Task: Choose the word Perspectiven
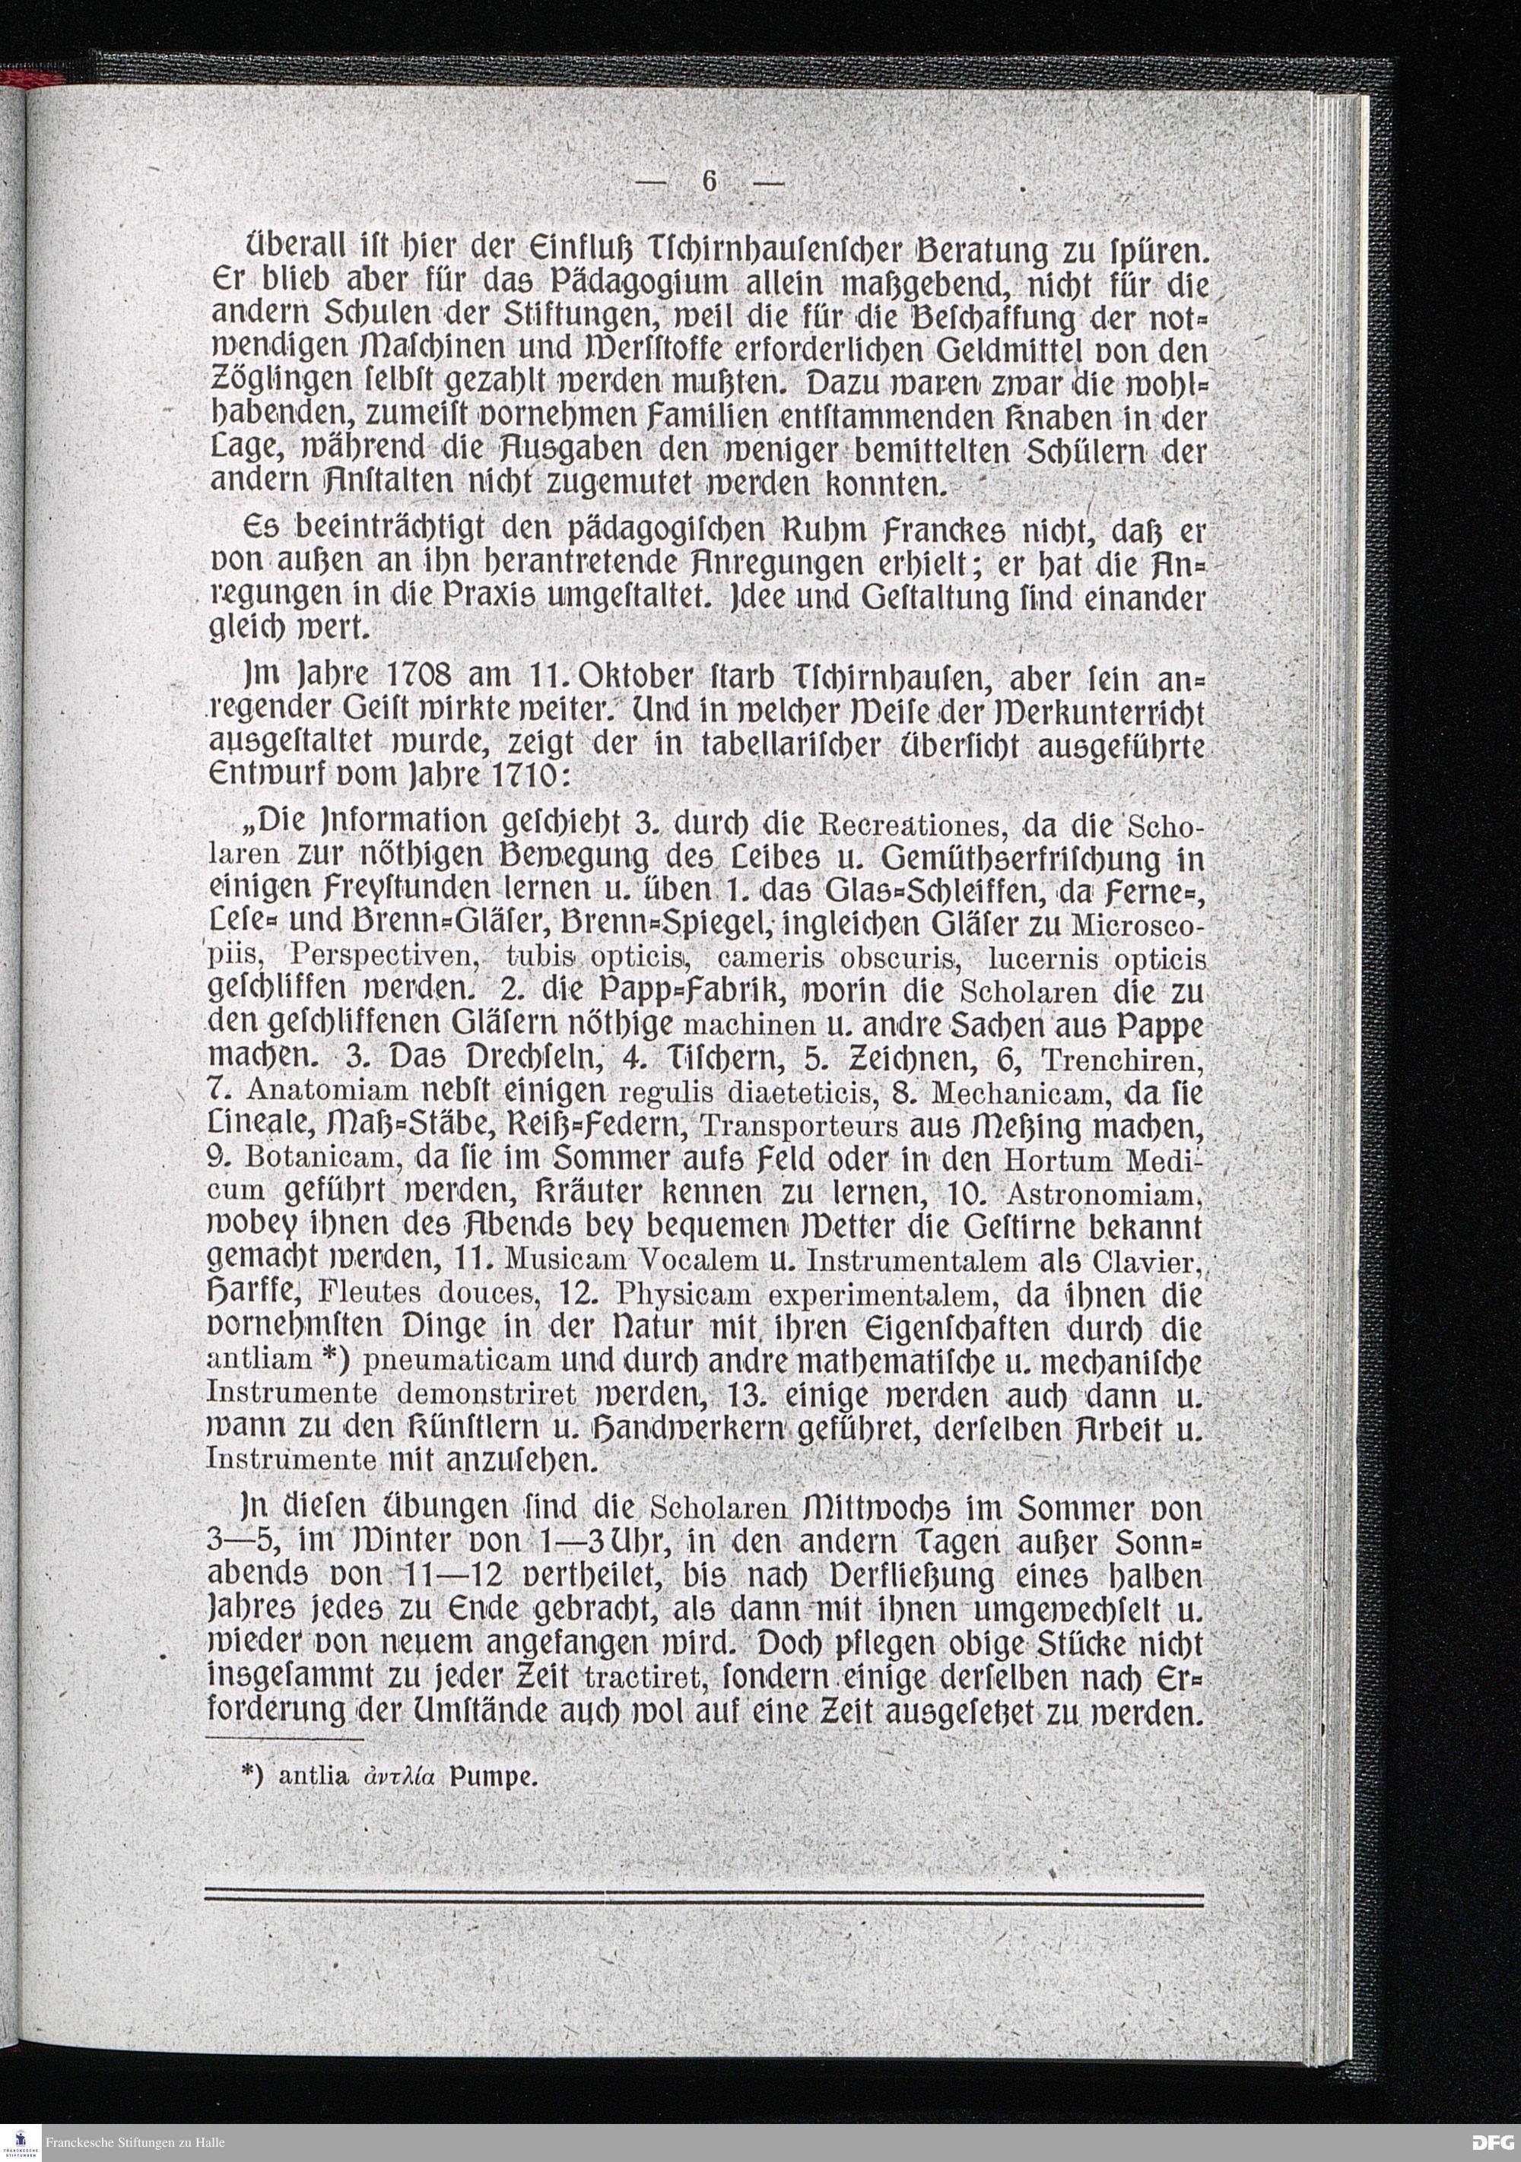384,959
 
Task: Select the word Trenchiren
1122,1060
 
